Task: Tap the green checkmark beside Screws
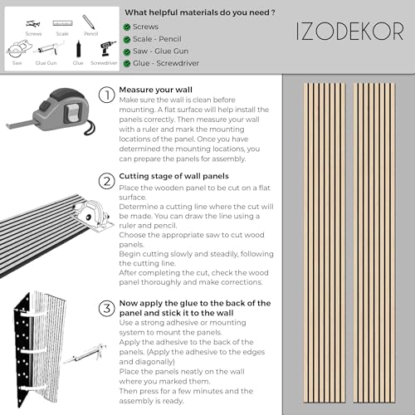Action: (x=126, y=27)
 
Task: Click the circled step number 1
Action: (x=105, y=94)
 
